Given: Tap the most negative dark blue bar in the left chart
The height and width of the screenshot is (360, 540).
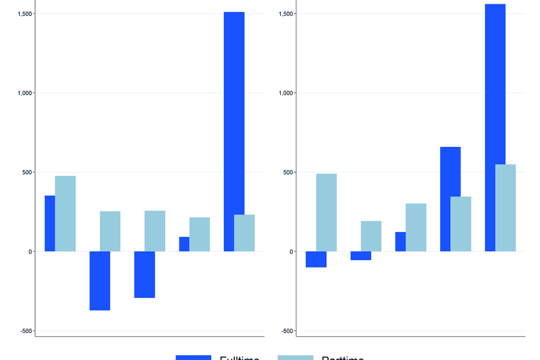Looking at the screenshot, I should [x=99, y=281].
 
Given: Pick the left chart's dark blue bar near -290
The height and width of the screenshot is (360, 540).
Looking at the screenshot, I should [x=144, y=274].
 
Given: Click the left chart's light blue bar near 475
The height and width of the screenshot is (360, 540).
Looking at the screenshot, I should [x=65, y=213].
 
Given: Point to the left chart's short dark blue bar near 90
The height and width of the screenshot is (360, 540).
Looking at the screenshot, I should [x=184, y=244].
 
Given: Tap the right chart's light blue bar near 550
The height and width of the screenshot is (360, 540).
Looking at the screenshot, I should [x=505, y=208].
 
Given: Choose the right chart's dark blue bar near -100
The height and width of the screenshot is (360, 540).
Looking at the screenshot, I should [x=316, y=259].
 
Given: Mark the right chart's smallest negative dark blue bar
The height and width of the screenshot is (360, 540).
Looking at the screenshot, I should [x=361, y=256].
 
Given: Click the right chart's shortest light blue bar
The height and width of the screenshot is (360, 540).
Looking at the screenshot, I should [x=371, y=236].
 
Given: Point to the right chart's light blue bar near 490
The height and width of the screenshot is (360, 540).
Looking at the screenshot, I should [x=326, y=212].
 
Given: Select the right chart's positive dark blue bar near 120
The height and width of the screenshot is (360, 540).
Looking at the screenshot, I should [x=400, y=242].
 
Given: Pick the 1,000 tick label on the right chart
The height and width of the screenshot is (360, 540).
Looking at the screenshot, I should [x=286, y=93].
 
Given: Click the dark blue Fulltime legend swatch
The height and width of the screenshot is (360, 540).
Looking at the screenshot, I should [x=193, y=357].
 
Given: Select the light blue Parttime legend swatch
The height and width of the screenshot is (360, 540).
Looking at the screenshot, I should [x=295, y=357].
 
